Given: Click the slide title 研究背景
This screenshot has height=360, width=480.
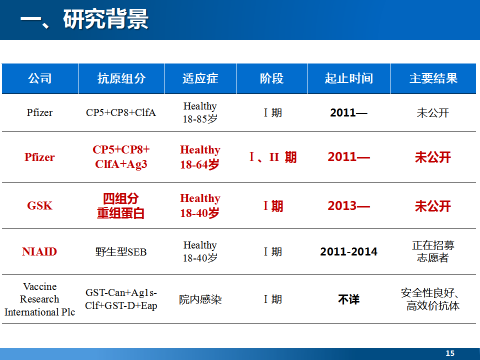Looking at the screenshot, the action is pos(106,19).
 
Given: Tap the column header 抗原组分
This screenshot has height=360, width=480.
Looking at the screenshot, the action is pos(121,78).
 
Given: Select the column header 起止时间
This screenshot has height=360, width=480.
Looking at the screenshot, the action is pos(348,78).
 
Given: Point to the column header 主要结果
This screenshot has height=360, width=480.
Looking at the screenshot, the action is pos(433,78).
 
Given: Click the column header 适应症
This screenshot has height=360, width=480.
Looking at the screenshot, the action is pos(200,78).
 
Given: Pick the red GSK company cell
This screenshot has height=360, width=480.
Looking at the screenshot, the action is pos(40,205).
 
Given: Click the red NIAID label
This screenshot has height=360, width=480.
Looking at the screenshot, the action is pos(39,251).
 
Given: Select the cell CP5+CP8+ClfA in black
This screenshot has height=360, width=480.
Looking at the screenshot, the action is pos(121,112).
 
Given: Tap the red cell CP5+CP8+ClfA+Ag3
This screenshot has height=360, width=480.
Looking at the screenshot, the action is pos(121,156).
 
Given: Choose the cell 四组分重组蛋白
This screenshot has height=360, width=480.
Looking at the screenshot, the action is pos(121,205).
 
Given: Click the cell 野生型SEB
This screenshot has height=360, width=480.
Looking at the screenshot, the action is pos(121,252).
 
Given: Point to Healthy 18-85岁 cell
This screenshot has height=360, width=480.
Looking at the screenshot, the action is pos(200,112).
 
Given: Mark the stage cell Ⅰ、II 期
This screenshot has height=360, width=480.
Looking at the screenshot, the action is pos(273,157).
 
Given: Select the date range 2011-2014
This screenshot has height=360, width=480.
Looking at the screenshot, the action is pos(348,251).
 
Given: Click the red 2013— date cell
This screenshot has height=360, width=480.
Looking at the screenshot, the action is pos(348,205).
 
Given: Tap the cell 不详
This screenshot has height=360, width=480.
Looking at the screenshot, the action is pos(348,299).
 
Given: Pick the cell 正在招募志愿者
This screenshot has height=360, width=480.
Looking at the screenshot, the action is pos(433,251).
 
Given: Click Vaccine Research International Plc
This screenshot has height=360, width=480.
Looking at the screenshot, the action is pos(40,299).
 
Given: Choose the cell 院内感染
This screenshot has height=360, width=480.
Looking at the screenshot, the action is pos(200,299).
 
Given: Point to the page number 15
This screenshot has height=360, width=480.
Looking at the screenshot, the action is pos(450,353).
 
